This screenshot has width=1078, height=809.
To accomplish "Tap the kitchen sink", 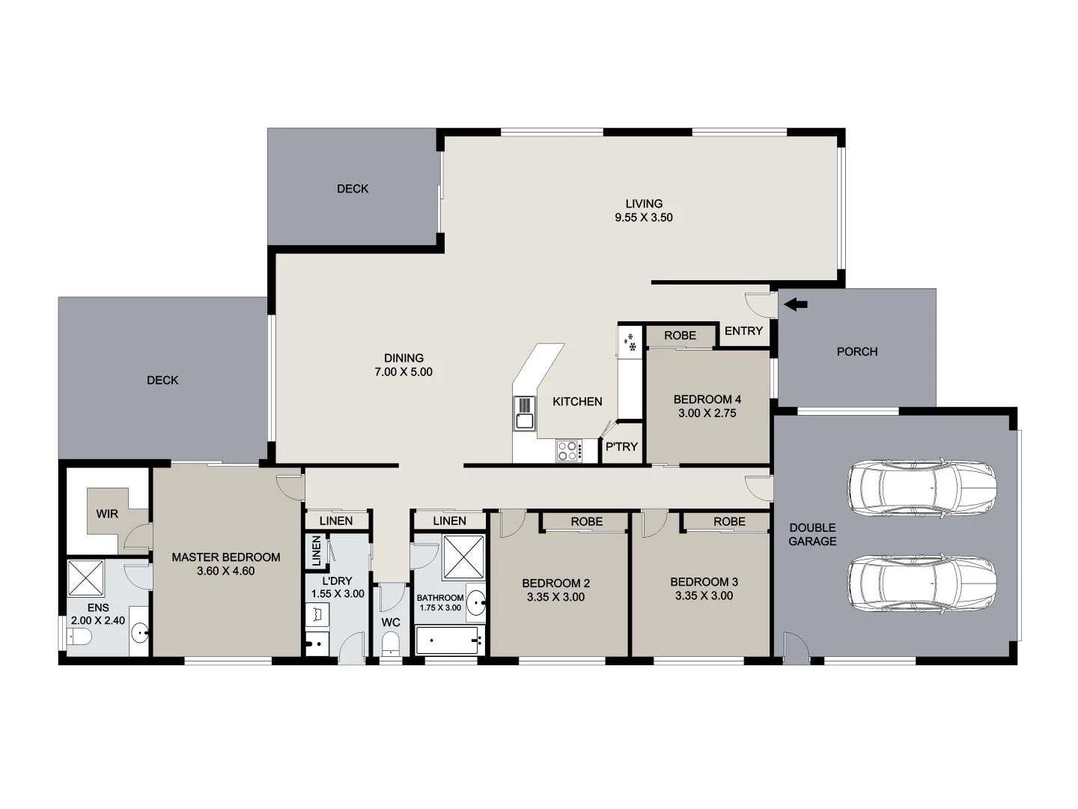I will point(524,414).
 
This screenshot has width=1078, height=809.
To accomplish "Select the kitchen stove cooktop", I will point(567,451).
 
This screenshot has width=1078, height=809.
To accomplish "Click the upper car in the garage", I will point(922,488).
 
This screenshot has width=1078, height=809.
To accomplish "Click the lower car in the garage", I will point(922,583).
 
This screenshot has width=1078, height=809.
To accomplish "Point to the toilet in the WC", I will point(391,644).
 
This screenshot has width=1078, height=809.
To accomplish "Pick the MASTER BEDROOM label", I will point(225,557).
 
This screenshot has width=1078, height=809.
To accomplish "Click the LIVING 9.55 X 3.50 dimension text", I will point(644,218).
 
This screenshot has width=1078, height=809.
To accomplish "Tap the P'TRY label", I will point(621,447).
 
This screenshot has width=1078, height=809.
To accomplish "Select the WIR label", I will point(107,514).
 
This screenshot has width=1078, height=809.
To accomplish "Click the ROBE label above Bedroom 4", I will point(680,336).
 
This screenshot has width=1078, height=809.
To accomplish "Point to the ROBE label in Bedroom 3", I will point(728,522).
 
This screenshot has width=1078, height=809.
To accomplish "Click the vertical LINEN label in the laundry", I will point(316,552).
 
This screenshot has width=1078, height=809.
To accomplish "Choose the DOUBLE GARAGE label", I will point(812,534).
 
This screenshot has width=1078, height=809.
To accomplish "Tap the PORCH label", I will point(856,351).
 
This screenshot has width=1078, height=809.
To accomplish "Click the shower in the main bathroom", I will point(463,557).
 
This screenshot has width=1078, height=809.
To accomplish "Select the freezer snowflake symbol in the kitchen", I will point(630,342).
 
